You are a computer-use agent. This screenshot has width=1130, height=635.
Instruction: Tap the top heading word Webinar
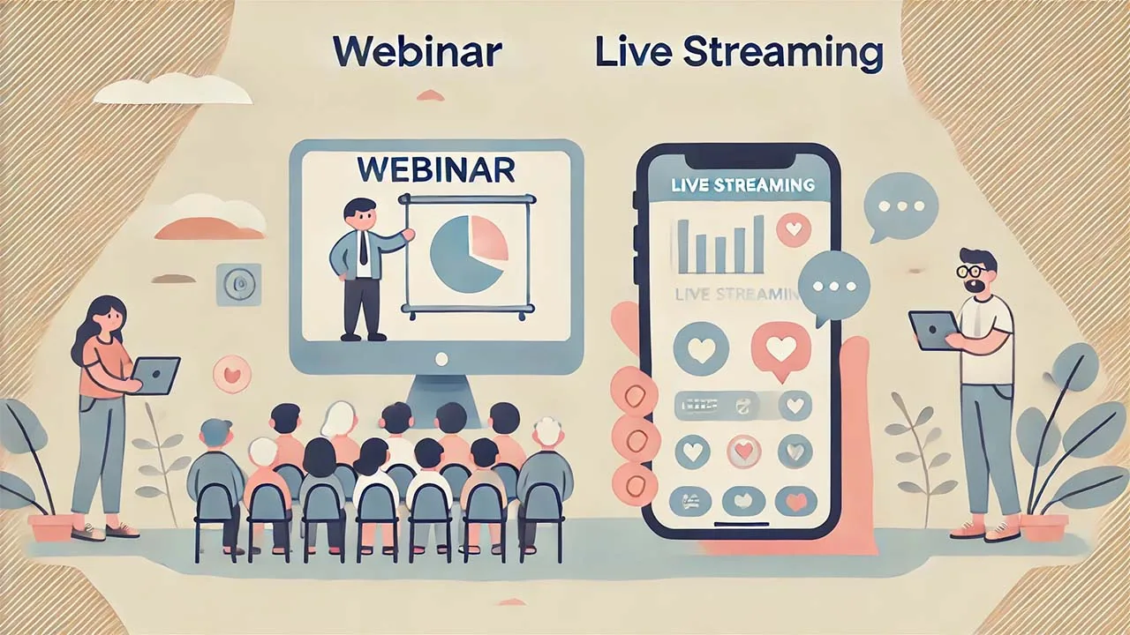[418, 54]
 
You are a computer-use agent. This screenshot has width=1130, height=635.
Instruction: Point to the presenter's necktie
[363, 250]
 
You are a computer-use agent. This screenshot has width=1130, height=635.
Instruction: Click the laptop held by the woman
[157, 375]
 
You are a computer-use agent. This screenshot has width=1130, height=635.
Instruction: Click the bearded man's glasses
[972, 271]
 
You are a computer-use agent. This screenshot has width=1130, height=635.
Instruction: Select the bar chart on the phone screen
[719, 246]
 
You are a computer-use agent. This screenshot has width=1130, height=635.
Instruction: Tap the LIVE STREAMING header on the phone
[742, 185]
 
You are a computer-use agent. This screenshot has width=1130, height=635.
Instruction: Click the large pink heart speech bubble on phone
[780, 350]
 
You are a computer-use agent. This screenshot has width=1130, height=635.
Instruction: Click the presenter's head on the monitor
[360, 216]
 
